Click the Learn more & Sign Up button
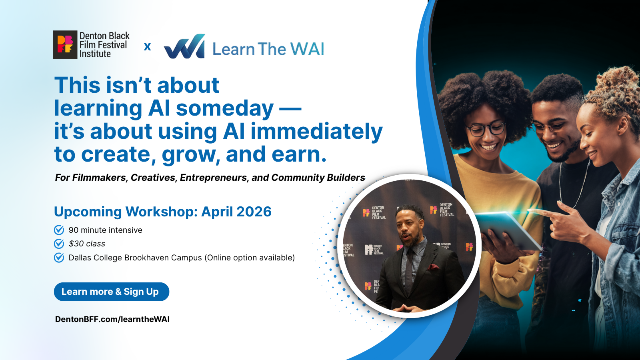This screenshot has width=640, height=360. pyautogui.click(x=111, y=292)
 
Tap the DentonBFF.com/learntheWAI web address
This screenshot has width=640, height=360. pyautogui.click(x=112, y=319)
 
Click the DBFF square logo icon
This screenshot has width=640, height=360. pyautogui.click(x=65, y=45)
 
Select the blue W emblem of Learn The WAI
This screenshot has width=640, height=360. pyautogui.click(x=185, y=47)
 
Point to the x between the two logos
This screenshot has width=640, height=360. pyautogui.click(x=147, y=47)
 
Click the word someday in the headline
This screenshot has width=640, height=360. pyautogui.click(x=225, y=108)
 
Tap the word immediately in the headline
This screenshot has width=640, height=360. pyautogui.click(x=316, y=132)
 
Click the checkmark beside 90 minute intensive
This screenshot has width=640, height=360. pyautogui.click(x=59, y=230)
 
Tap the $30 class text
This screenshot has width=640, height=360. pyautogui.click(x=87, y=244)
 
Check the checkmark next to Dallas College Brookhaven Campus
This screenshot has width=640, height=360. pyautogui.click(x=59, y=258)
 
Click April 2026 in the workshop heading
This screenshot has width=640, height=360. pyautogui.click(x=236, y=212)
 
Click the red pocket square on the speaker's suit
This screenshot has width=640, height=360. pyautogui.click(x=434, y=267)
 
